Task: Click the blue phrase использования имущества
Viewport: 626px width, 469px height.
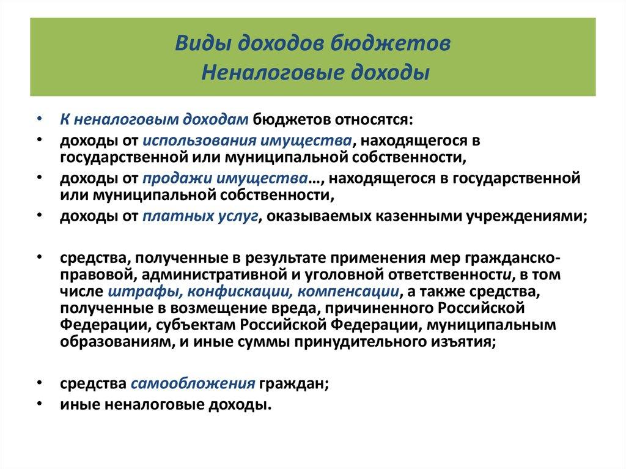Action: tap(247, 140)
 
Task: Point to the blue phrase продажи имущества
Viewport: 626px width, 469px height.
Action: tap(224, 179)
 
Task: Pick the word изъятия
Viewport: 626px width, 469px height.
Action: tap(469, 342)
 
